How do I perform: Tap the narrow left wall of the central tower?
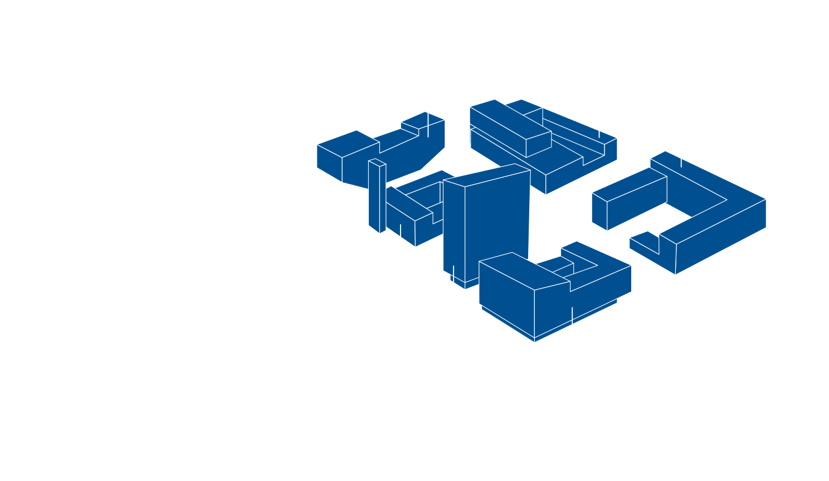(x=454, y=228)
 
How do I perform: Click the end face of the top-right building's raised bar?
(x=539, y=145)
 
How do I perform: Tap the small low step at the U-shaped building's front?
(x=643, y=244)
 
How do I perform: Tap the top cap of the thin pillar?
(x=377, y=162)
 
